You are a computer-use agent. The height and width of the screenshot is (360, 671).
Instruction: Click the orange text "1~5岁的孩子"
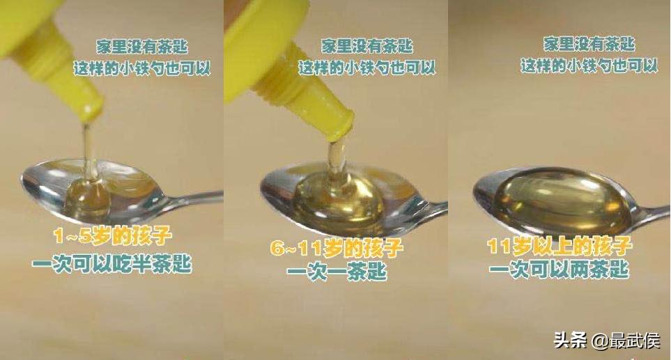[x=111, y=237]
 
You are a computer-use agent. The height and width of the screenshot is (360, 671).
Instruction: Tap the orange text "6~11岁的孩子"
[x=337, y=249]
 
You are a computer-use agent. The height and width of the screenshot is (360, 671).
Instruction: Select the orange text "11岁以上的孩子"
[x=560, y=246]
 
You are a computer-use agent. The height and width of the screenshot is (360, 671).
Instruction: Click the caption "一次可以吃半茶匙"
[x=111, y=264]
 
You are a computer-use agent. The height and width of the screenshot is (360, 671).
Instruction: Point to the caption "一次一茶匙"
[x=337, y=272]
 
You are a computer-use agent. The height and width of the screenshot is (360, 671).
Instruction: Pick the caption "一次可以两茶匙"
[x=560, y=269]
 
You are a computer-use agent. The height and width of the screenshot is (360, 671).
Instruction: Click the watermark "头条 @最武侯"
[x=607, y=341]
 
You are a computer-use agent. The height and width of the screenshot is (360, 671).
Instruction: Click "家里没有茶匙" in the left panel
[x=142, y=47]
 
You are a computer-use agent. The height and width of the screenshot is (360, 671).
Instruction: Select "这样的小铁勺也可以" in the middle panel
[x=367, y=68]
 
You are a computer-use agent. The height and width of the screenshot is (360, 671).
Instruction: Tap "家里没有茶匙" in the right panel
[x=589, y=44]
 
